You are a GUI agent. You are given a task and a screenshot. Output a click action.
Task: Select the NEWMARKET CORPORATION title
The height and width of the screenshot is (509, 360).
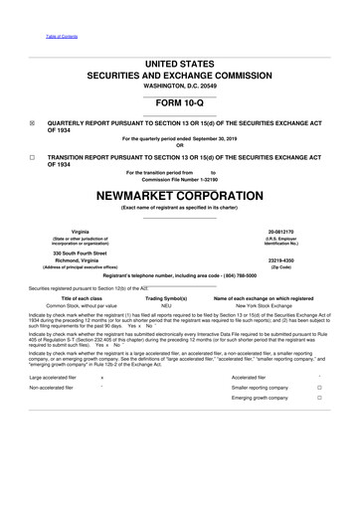[x=180, y=195]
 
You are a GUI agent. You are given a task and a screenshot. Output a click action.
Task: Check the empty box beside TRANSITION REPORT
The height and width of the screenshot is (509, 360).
[x=33, y=157]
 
